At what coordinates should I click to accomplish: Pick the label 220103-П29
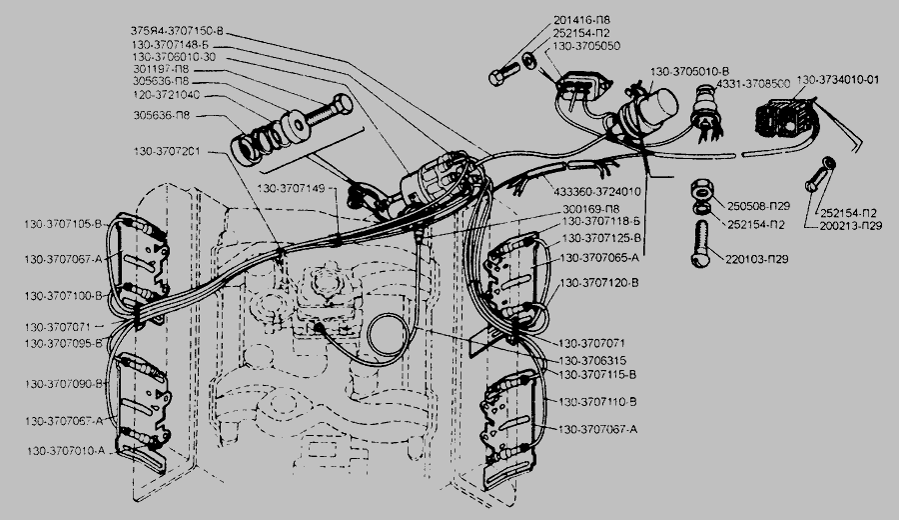click(x=760, y=259)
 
